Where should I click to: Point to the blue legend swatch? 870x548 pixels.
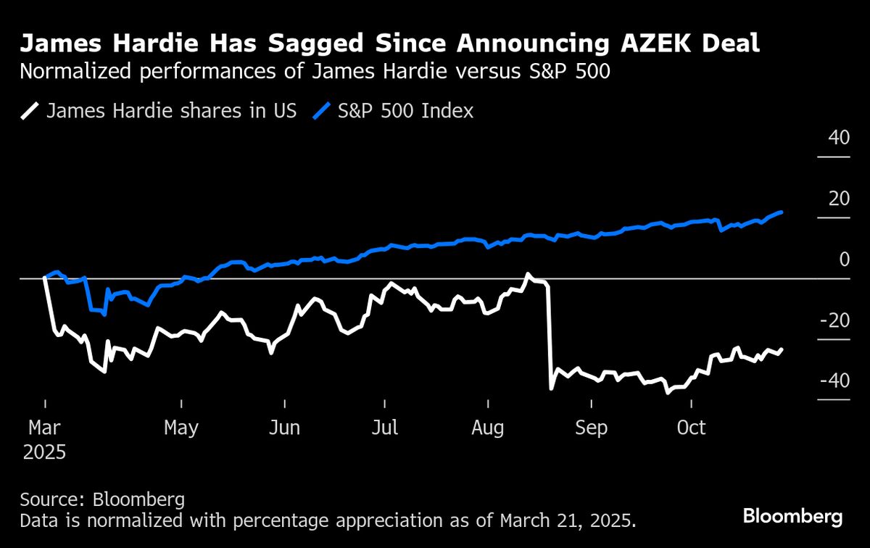tap(322, 111)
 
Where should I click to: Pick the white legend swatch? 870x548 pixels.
tap(30, 111)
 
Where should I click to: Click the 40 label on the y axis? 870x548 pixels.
tap(839, 138)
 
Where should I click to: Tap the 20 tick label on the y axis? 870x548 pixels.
tap(839, 199)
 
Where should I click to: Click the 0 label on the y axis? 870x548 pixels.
tap(844, 260)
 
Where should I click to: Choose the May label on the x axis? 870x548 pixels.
tap(181, 428)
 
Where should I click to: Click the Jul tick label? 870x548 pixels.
tap(385, 428)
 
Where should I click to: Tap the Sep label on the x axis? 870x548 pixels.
tap(591, 428)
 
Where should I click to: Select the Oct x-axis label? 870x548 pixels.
tap(691, 428)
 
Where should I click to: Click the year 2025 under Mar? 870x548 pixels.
tap(44, 452)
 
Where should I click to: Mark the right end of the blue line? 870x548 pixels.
tap(782, 212)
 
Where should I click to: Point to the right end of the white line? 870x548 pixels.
tap(782, 349)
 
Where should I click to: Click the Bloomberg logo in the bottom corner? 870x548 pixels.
tap(792, 517)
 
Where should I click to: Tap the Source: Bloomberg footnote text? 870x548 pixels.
tap(102, 499)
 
